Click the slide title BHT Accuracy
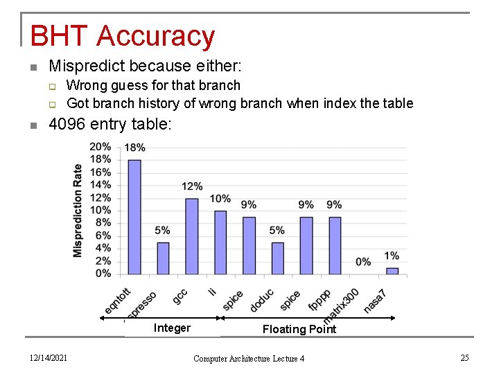click(123, 36)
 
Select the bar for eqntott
click(134, 216)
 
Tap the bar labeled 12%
click(191, 235)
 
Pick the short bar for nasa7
click(392, 270)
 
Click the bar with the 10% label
click(220, 242)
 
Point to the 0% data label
click(363, 262)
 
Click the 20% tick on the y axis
click(100, 146)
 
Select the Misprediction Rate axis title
click(78, 210)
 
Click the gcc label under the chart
click(180, 296)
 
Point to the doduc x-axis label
click(262, 300)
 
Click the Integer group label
click(172, 328)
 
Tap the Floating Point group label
click(299, 329)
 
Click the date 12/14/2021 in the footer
click(48, 357)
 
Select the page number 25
click(464, 357)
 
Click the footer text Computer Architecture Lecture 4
click(249, 358)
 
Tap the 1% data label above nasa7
click(392, 256)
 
